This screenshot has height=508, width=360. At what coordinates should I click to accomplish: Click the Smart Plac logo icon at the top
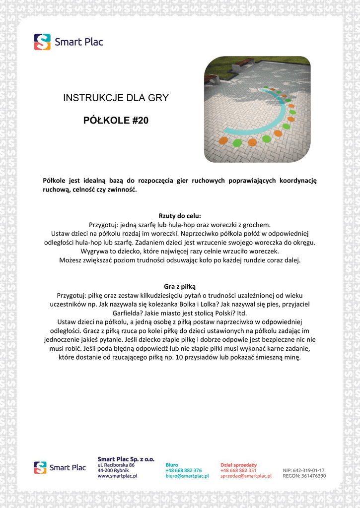click(42, 42)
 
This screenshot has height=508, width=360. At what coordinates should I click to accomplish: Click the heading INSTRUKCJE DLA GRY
click(116, 98)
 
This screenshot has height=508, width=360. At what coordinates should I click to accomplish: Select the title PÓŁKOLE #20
click(116, 121)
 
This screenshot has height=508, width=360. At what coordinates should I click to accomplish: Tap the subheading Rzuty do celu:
click(180, 216)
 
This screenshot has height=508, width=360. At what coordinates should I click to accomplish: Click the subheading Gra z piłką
click(180, 286)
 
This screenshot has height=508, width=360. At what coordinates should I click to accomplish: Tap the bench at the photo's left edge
click(211, 78)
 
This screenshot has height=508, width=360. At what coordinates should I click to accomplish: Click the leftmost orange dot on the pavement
click(223, 140)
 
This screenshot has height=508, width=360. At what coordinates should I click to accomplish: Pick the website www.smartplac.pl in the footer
click(117, 476)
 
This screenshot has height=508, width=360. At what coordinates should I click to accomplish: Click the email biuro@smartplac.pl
click(187, 476)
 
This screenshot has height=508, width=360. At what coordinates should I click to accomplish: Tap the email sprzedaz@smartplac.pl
click(246, 476)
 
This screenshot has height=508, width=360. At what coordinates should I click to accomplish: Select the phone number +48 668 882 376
click(183, 470)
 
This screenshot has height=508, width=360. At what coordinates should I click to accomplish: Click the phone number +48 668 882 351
click(238, 470)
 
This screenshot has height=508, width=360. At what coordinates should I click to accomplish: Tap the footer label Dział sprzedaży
click(238, 465)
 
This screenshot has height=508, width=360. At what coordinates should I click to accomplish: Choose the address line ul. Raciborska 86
click(116, 465)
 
